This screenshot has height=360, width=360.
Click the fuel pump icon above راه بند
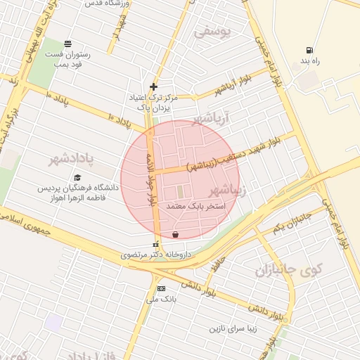[x=309, y=50]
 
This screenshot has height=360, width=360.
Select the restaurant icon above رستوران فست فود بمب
[x=67, y=44]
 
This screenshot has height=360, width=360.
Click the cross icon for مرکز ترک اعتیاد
[x=153, y=87]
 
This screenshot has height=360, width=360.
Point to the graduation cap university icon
[x=77, y=177]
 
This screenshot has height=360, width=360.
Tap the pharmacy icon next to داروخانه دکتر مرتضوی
[x=155, y=244]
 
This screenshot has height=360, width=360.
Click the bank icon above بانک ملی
[x=161, y=288]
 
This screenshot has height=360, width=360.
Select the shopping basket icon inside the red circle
[x=175, y=235]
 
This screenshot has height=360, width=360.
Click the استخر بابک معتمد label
[x=196, y=207]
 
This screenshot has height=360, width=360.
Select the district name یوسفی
[x=212, y=32]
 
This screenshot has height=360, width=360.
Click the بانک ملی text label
[x=161, y=299]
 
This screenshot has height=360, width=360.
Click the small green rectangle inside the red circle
[x=179, y=191]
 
